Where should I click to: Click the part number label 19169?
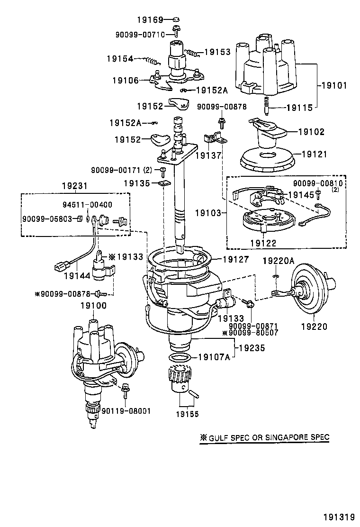(150, 20)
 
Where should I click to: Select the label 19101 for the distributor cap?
(334, 86)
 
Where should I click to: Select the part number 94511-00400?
(88, 205)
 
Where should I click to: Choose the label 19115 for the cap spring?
(299, 108)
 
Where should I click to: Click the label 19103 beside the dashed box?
(208, 213)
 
